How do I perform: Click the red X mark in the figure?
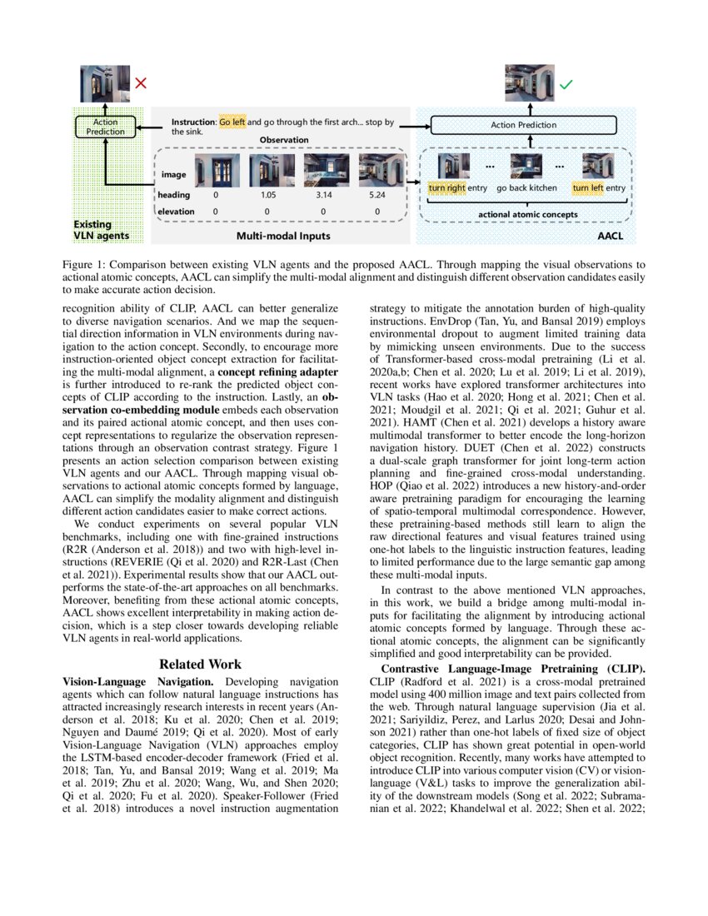click(141, 83)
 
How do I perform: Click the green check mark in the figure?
click(566, 84)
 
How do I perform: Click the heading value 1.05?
click(268, 195)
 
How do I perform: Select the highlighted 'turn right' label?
click(446, 188)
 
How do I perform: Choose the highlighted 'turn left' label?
click(587, 188)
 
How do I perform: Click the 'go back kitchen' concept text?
click(526, 188)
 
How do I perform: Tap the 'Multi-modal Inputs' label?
click(283, 236)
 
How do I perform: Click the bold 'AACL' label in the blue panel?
click(611, 236)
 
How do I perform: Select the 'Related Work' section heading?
click(201, 664)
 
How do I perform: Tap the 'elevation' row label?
click(176, 212)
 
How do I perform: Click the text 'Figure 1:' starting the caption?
click(82, 264)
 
